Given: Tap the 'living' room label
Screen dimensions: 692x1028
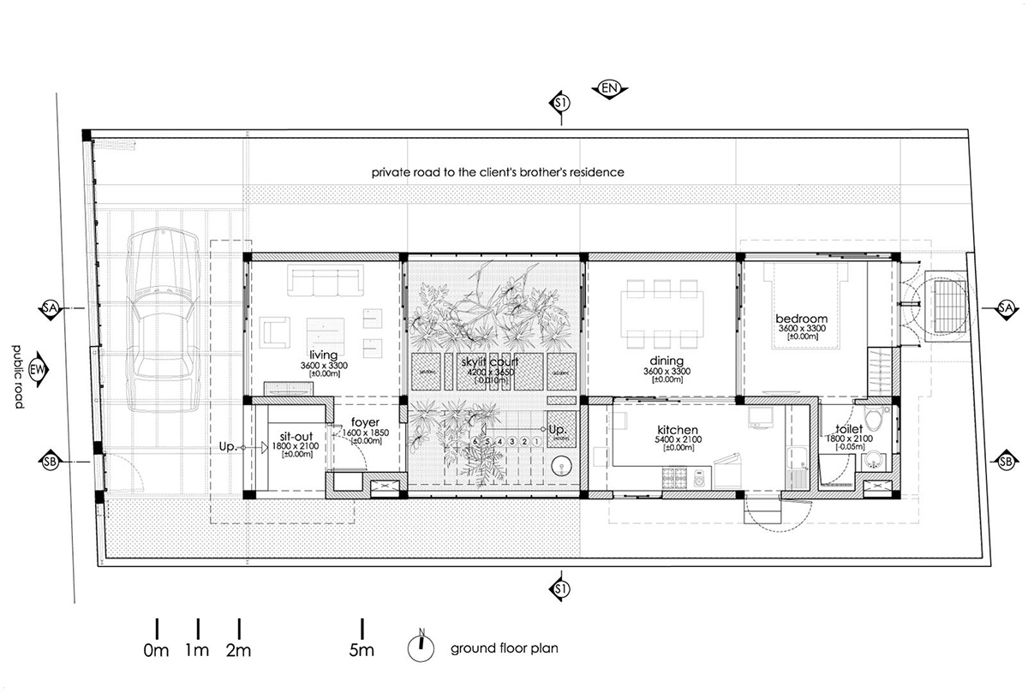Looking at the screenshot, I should point(324,355).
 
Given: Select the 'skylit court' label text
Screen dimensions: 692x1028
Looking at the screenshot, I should point(489,362).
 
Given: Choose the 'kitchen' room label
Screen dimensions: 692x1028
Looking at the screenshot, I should point(678,430).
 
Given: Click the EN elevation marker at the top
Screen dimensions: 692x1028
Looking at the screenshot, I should point(610,88).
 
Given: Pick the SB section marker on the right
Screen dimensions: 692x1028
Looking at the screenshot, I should point(1006,462).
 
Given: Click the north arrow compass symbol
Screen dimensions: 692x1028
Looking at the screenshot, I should point(421,647).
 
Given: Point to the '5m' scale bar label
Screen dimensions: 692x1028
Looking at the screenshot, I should point(362,651).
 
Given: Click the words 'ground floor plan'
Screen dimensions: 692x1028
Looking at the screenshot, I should point(505,648).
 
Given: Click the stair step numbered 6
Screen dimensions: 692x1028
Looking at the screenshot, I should point(475,442).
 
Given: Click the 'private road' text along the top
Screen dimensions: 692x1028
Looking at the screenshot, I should point(498,172).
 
